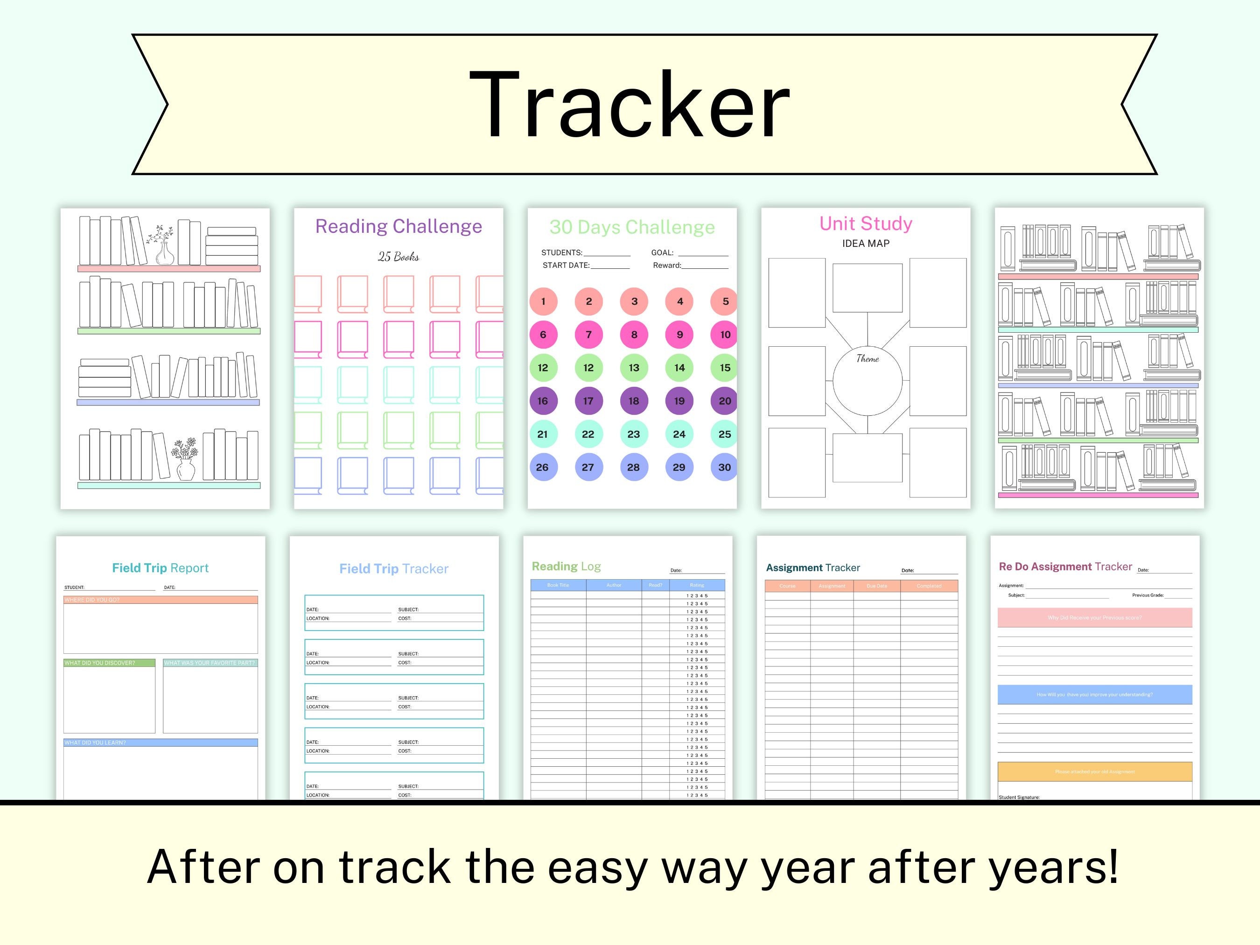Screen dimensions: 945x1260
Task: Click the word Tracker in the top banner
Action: pos(630,105)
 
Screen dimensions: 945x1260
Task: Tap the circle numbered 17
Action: pos(588,401)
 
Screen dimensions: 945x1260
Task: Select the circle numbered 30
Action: pos(724,467)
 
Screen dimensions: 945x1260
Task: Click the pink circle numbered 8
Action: pos(634,335)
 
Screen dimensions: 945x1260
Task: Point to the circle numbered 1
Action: pos(543,301)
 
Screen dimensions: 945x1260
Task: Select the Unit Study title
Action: pos(865,223)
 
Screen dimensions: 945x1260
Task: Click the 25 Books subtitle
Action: pos(398,257)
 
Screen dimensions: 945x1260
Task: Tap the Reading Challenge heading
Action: pos(398,226)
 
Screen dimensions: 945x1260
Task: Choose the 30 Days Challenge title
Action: pos(632,227)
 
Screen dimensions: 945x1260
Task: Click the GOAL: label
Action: pos(662,252)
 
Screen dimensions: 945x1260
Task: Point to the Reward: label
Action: pos(666,266)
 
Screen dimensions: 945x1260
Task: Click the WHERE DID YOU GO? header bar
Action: pos(160,600)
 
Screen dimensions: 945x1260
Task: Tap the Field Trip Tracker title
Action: pos(393,568)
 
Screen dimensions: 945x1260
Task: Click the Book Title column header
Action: pos(558,585)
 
